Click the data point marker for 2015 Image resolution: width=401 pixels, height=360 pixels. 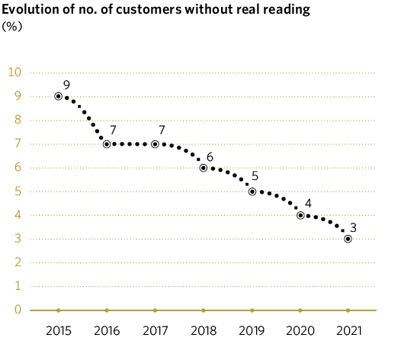pos(58,96)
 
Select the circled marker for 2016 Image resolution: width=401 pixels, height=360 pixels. pos(107,144)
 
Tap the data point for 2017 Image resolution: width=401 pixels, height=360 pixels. pos(155,144)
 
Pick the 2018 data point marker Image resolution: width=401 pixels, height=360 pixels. pos(204,168)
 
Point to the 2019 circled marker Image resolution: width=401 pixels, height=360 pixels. pos(252,191)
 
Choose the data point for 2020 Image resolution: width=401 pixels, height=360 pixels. pos(300,215)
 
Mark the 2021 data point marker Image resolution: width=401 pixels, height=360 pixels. pos(348,239)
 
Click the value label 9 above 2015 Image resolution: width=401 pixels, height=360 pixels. pos(67,83)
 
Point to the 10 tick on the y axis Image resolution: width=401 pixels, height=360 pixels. pos(14,72)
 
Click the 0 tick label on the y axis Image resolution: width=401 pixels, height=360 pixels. pos(16,310)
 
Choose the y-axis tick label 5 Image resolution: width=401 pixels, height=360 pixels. pos(16,191)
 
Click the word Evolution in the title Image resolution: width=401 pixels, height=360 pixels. pos(31,10)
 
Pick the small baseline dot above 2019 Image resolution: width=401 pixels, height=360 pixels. pos(252,310)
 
